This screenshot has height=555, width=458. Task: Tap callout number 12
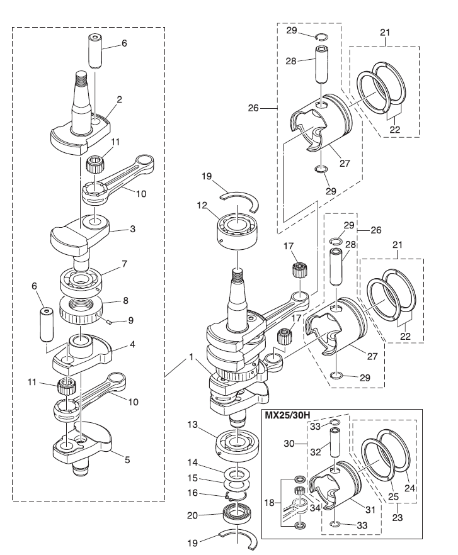[x=202, y=205]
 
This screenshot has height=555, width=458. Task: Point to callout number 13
[x=193, y=424]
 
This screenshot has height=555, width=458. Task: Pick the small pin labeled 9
[x=109, y=322]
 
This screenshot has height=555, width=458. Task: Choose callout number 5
[x=127, y=459]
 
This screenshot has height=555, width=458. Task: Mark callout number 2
[x=119, y=99]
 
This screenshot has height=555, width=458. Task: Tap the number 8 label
[x=125, y=301]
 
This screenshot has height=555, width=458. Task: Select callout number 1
[x=191, y=357]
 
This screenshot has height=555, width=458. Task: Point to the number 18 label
[x=270, y=502]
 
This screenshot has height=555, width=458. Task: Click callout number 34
[x=315, y=508]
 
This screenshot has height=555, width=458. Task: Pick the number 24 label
[x=409, y=488]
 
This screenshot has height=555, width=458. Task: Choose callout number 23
[x=398, y=517]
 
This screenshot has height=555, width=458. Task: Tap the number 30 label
[x=289, y=443]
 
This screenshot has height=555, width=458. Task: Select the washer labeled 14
[x=237, y=473]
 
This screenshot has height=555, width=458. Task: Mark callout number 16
[x=193, y=493]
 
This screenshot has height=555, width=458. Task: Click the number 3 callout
[x=132, y=229]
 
